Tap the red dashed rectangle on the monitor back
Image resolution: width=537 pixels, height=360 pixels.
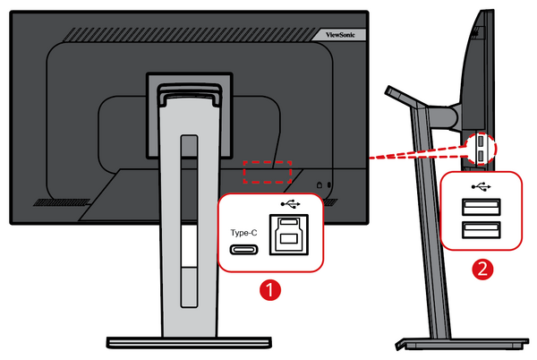[x=268, y=169]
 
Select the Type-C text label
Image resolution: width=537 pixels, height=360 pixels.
[x=244, y=232]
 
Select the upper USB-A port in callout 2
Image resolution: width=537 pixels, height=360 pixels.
[x=482, y=208]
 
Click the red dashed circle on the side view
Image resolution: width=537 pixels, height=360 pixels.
[x=481, y=149]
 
